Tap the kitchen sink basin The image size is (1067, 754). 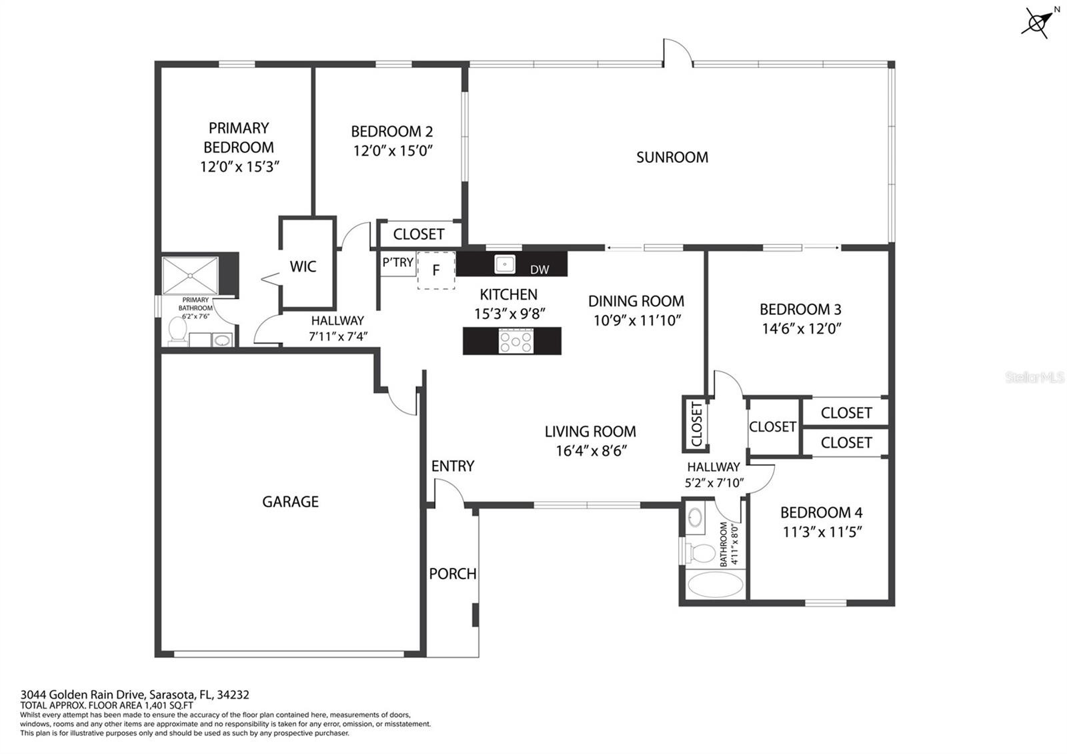(504, 264)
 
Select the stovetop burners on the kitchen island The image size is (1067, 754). (516, 341)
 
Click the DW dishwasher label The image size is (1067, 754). (540, 270)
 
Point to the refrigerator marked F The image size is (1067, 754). (436, 270)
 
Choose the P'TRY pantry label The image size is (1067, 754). (397, 262)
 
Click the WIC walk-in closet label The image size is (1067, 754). (303, 266)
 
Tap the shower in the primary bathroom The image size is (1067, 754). (191, 276)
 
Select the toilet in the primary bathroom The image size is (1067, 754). (177, 330)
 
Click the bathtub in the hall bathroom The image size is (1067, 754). (715, 584)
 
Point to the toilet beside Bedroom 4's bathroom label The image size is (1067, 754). (700, 553)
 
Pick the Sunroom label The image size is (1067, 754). (672, 157)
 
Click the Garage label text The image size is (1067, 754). (291, 501)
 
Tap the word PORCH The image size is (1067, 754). (453, 574)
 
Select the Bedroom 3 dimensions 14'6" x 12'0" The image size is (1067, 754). (801, 328)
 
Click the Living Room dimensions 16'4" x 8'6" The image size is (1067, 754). (591, 450)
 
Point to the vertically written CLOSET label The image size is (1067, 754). (696, 424)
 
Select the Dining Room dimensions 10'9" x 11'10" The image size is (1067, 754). (637, 320)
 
